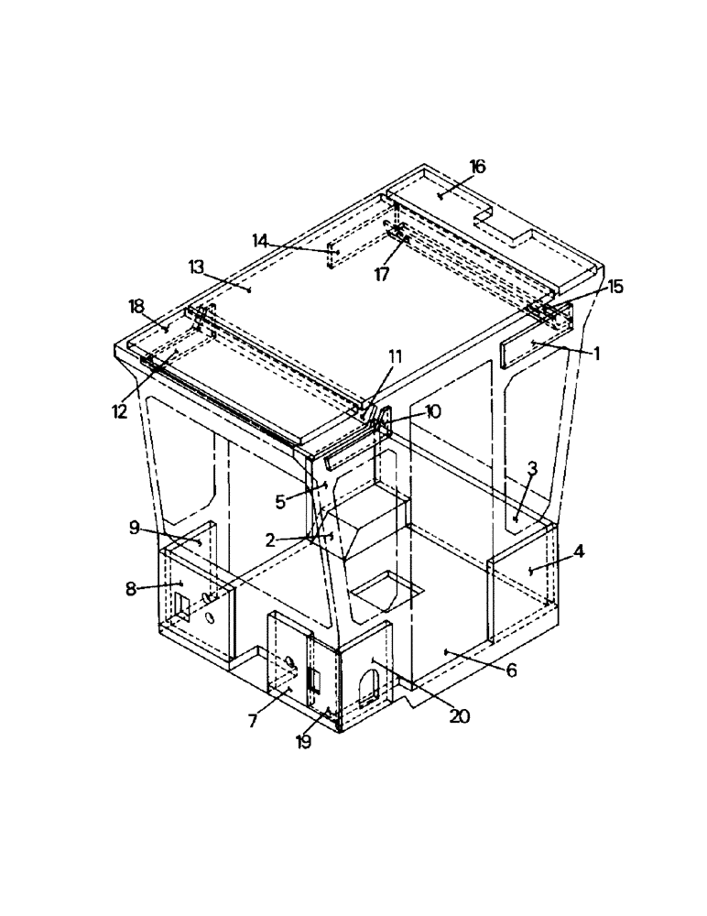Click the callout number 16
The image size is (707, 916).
[x=477, y=166]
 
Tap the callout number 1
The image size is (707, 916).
[x=596, y=352]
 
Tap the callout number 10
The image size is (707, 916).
[x=432, y=412]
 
